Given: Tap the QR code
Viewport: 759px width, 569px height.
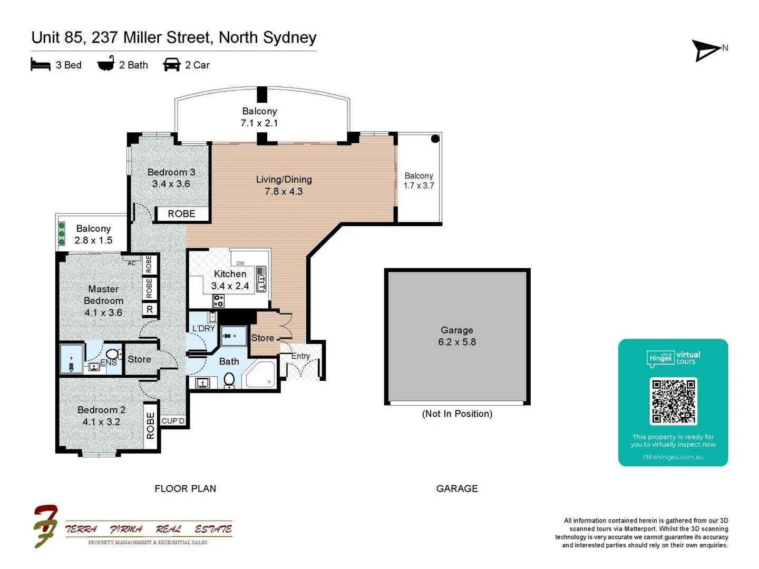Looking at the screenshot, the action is point(673,401).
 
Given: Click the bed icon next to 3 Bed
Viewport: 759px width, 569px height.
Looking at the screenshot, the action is point(41,64).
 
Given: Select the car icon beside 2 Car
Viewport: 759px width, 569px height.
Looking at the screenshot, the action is point(171,65).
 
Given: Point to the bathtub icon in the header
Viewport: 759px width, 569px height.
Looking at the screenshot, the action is point(106,63).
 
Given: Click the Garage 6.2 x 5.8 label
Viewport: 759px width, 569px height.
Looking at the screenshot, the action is point(457,336).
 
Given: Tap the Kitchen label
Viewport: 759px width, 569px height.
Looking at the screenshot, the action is point(230,273).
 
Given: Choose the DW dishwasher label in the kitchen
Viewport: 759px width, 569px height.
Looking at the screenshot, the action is point(240,263).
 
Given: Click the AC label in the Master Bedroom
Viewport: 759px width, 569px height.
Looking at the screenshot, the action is point(131,263).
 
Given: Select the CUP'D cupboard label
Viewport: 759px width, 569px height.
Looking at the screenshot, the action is point(173,421).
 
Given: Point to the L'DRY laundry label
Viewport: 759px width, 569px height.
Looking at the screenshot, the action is point(203,328).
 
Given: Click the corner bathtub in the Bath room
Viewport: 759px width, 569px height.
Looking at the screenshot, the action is point(260,375).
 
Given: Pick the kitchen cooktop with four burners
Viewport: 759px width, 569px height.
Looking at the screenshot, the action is point(218,300).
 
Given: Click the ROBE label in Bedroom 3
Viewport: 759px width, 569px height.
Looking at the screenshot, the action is point(181,213).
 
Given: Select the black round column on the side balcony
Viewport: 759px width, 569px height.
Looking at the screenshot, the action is point(435,139).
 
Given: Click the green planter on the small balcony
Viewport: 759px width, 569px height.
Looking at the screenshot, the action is point(62,233).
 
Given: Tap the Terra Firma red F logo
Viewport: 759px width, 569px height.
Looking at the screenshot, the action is point(45,526).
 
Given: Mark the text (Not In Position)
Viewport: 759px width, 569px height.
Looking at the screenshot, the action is point(457,414).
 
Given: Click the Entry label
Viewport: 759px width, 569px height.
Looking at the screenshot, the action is point(300,356).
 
